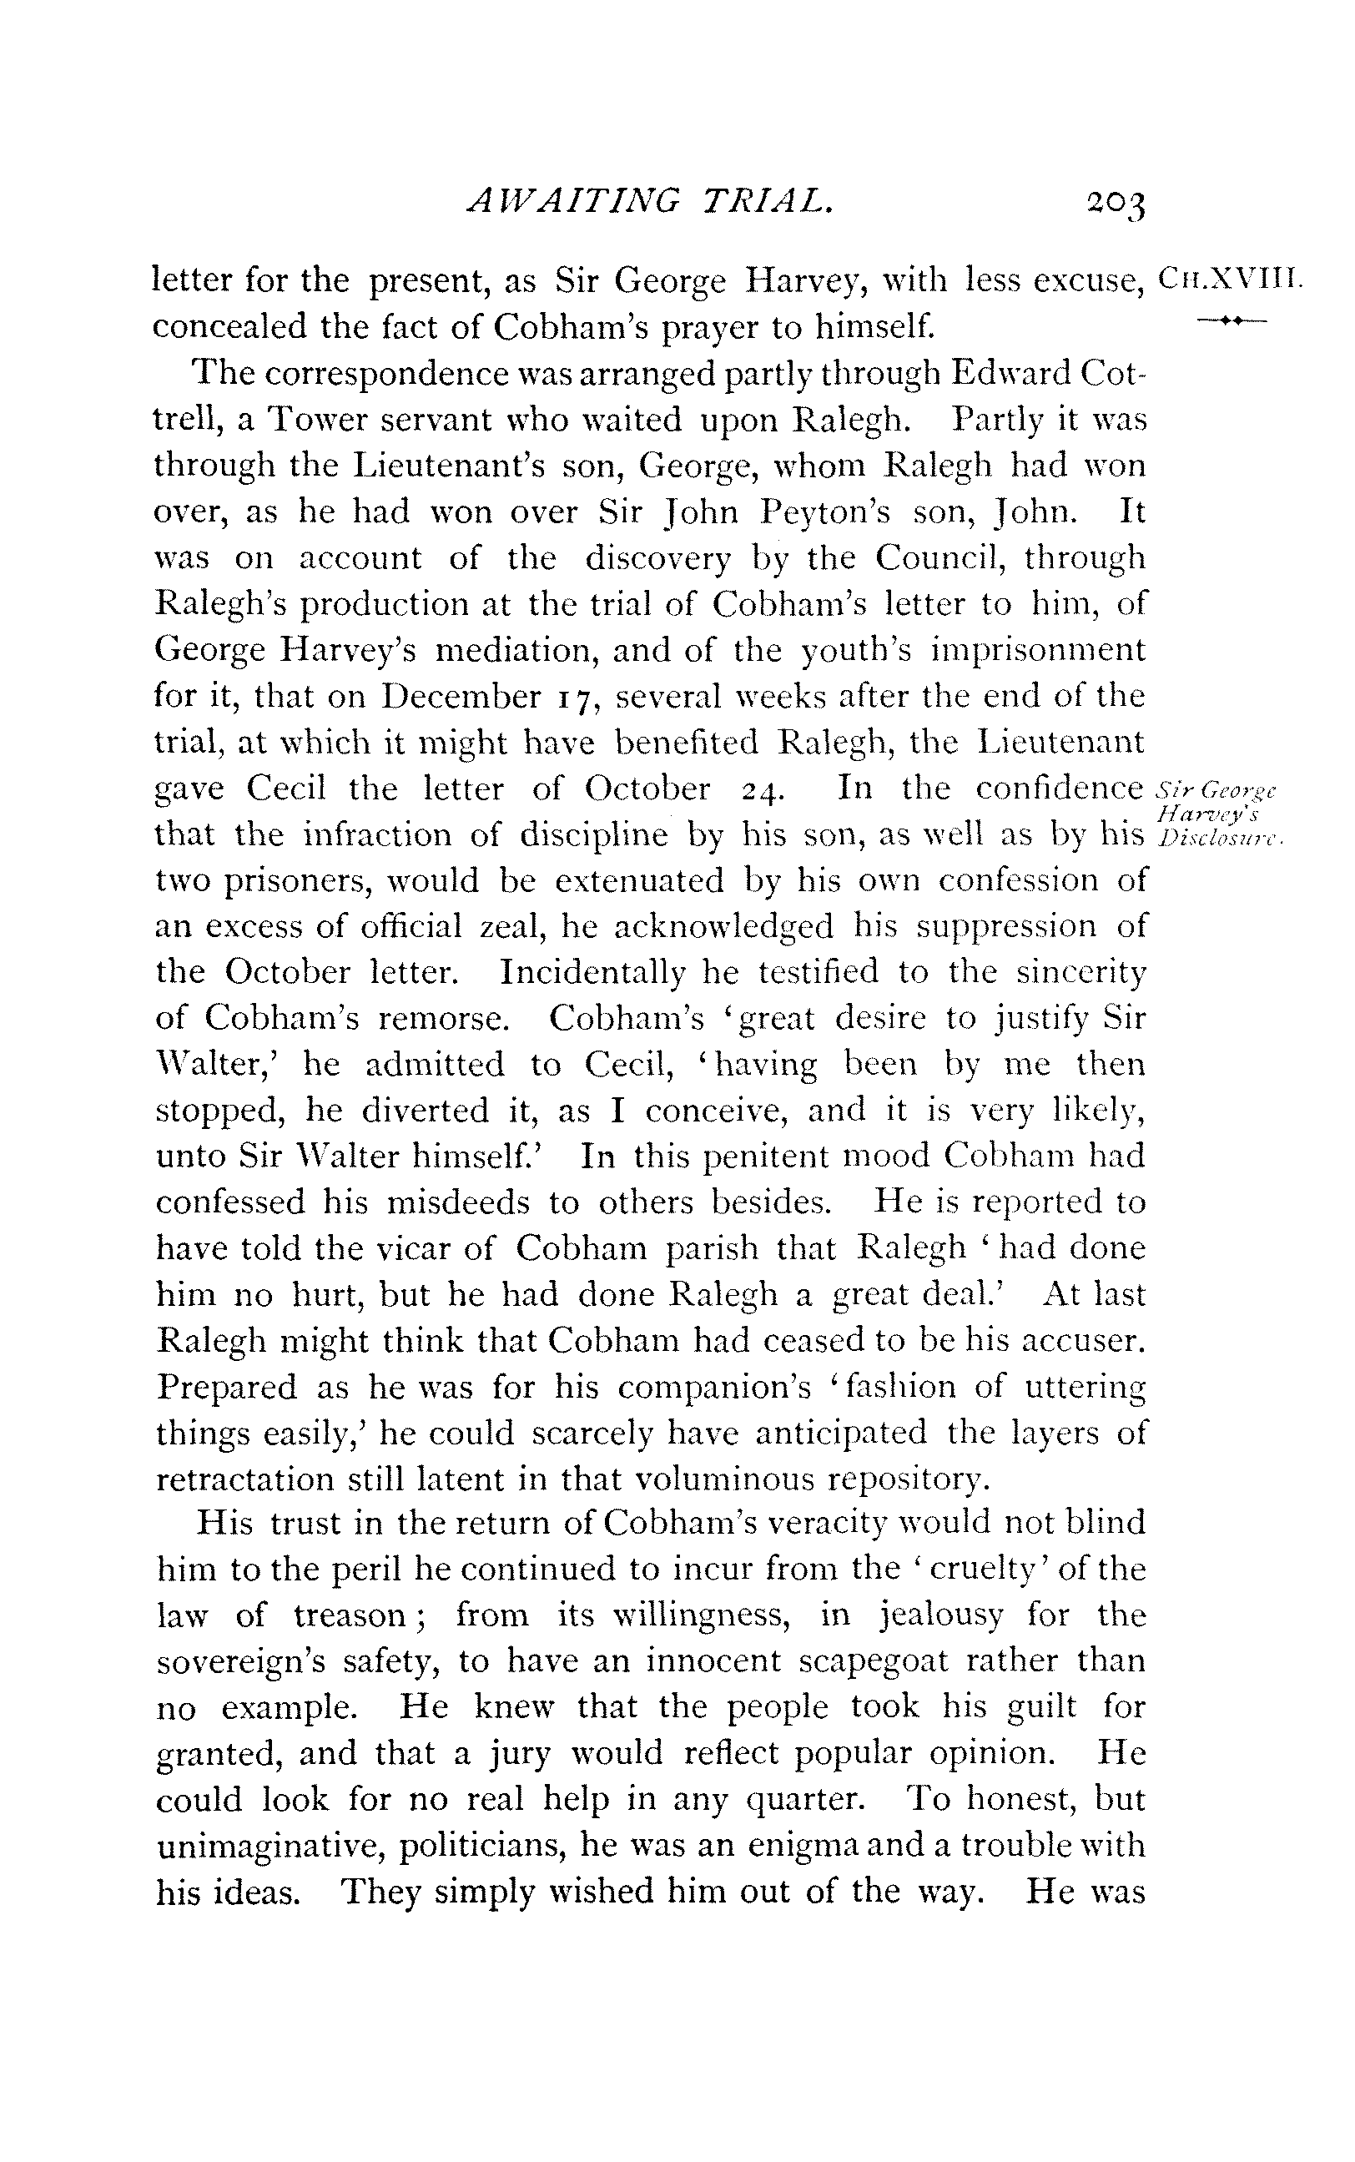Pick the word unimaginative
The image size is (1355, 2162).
(269, 1845)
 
